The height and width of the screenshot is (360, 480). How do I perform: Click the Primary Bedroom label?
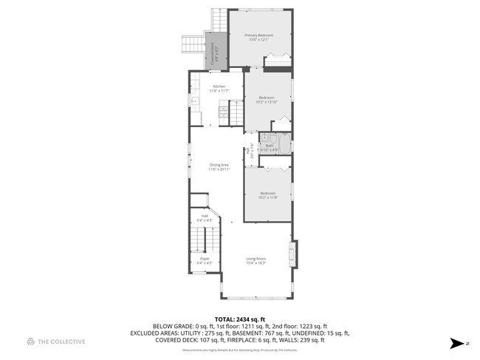[259, 35]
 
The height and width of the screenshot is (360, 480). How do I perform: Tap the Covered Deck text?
[216, 55]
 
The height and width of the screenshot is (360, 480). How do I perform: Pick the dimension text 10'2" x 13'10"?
[267, 102]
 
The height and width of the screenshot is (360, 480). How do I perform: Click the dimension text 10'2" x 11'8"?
[267, 197]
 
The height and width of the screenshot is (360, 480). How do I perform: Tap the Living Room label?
[256, 258]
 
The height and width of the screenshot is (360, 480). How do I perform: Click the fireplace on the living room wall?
[295, 255]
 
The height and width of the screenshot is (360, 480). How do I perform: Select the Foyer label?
[204, 258]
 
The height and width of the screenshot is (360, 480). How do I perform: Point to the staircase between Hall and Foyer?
[197, 238]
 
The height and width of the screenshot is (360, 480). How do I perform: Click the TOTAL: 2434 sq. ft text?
[240, 319]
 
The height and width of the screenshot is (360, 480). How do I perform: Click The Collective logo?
[55, 342]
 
